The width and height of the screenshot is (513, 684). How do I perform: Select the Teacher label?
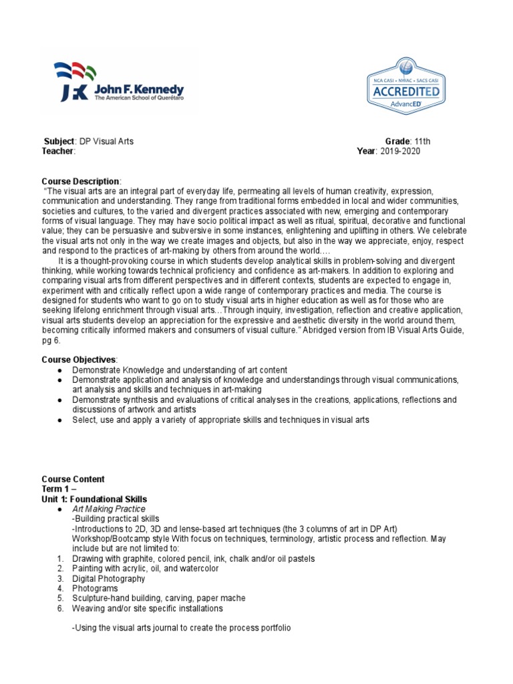[x=58, y=151]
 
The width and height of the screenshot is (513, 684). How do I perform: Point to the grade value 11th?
[x=423, y=142]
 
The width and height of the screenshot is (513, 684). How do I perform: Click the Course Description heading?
[x=81, y=182]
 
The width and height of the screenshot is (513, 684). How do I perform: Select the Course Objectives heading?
[x=79, y=360]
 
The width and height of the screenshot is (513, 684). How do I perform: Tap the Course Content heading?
[x=73, y=479]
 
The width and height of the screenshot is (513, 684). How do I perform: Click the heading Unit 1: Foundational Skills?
[x=94, y=499]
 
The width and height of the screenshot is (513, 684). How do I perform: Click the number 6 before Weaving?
[x=59, y=609]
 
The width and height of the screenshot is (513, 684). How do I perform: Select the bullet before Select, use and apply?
[x=60, y=419]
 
